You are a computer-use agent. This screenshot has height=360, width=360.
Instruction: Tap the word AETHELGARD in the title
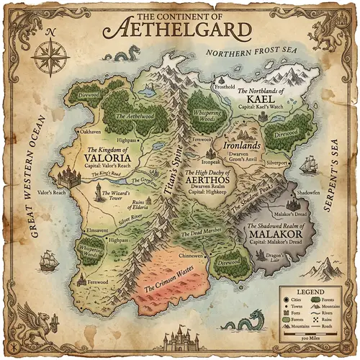point(179,30)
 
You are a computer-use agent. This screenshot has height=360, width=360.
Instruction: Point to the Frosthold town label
point(225,87)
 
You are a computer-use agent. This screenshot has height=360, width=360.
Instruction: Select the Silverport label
point(276,163)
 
